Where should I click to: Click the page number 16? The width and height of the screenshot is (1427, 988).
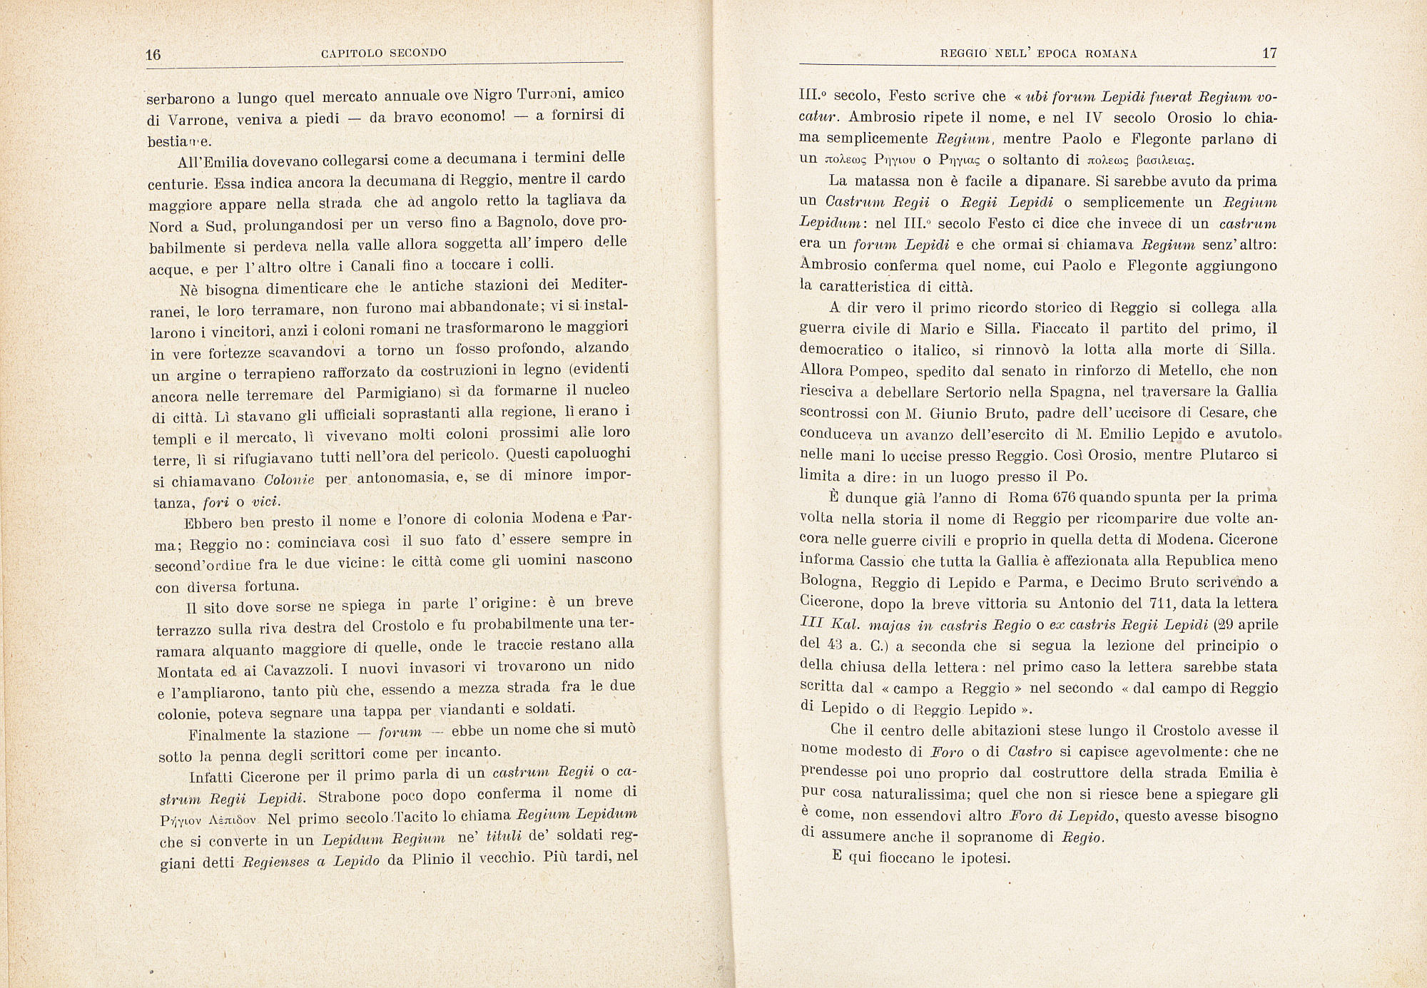[153, 55]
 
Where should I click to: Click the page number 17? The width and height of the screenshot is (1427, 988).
[1269, 54]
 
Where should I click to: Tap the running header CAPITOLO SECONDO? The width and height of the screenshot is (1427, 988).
[384, 53]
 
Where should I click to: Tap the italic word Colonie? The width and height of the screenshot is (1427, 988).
[289, 480]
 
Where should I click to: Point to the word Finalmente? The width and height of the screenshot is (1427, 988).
[228, 735]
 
